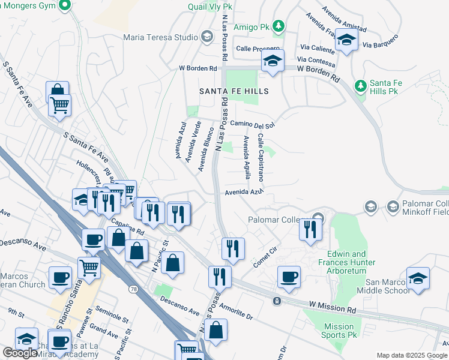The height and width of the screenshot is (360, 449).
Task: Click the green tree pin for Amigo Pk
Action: [x=278, y=26]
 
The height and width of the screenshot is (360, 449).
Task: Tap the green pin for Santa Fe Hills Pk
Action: [x=360, y=86]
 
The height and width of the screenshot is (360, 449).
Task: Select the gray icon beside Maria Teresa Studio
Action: [x=206, y=37]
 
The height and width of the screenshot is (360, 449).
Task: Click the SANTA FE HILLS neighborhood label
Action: [x=234, y=91]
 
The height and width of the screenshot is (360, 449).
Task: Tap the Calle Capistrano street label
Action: [x=261, y=157]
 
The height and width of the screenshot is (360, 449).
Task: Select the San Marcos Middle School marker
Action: [x=418, y=279]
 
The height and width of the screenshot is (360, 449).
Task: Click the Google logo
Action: [x=20, y=353]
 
